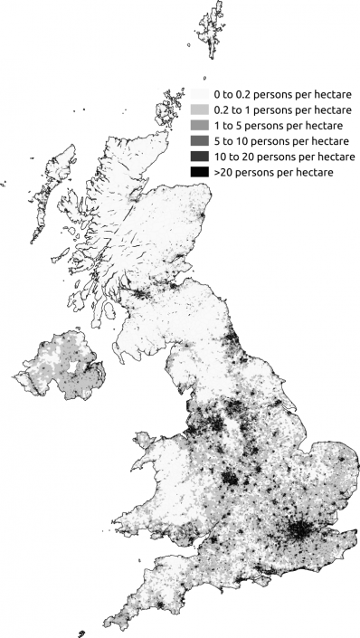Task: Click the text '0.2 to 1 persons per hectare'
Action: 285,110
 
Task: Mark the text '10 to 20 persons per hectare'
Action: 284,156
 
